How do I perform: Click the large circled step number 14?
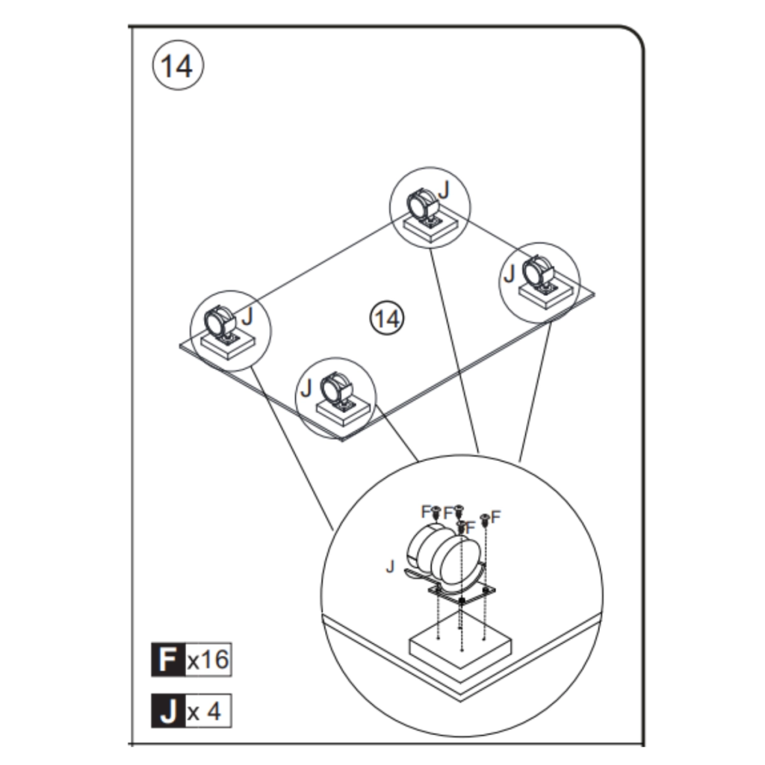pyautogui.click(x=178, y=66)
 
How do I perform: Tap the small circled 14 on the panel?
pyautogui.click(x=386, y=319)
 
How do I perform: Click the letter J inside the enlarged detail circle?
pyautogui.click(x=389, y=566)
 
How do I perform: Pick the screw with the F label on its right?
pyautogui.click(x=484, y=518)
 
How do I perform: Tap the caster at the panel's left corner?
pyautogui.click(x=220, y=323)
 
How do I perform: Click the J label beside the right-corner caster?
pyautogui.click(x=510, y=273)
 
